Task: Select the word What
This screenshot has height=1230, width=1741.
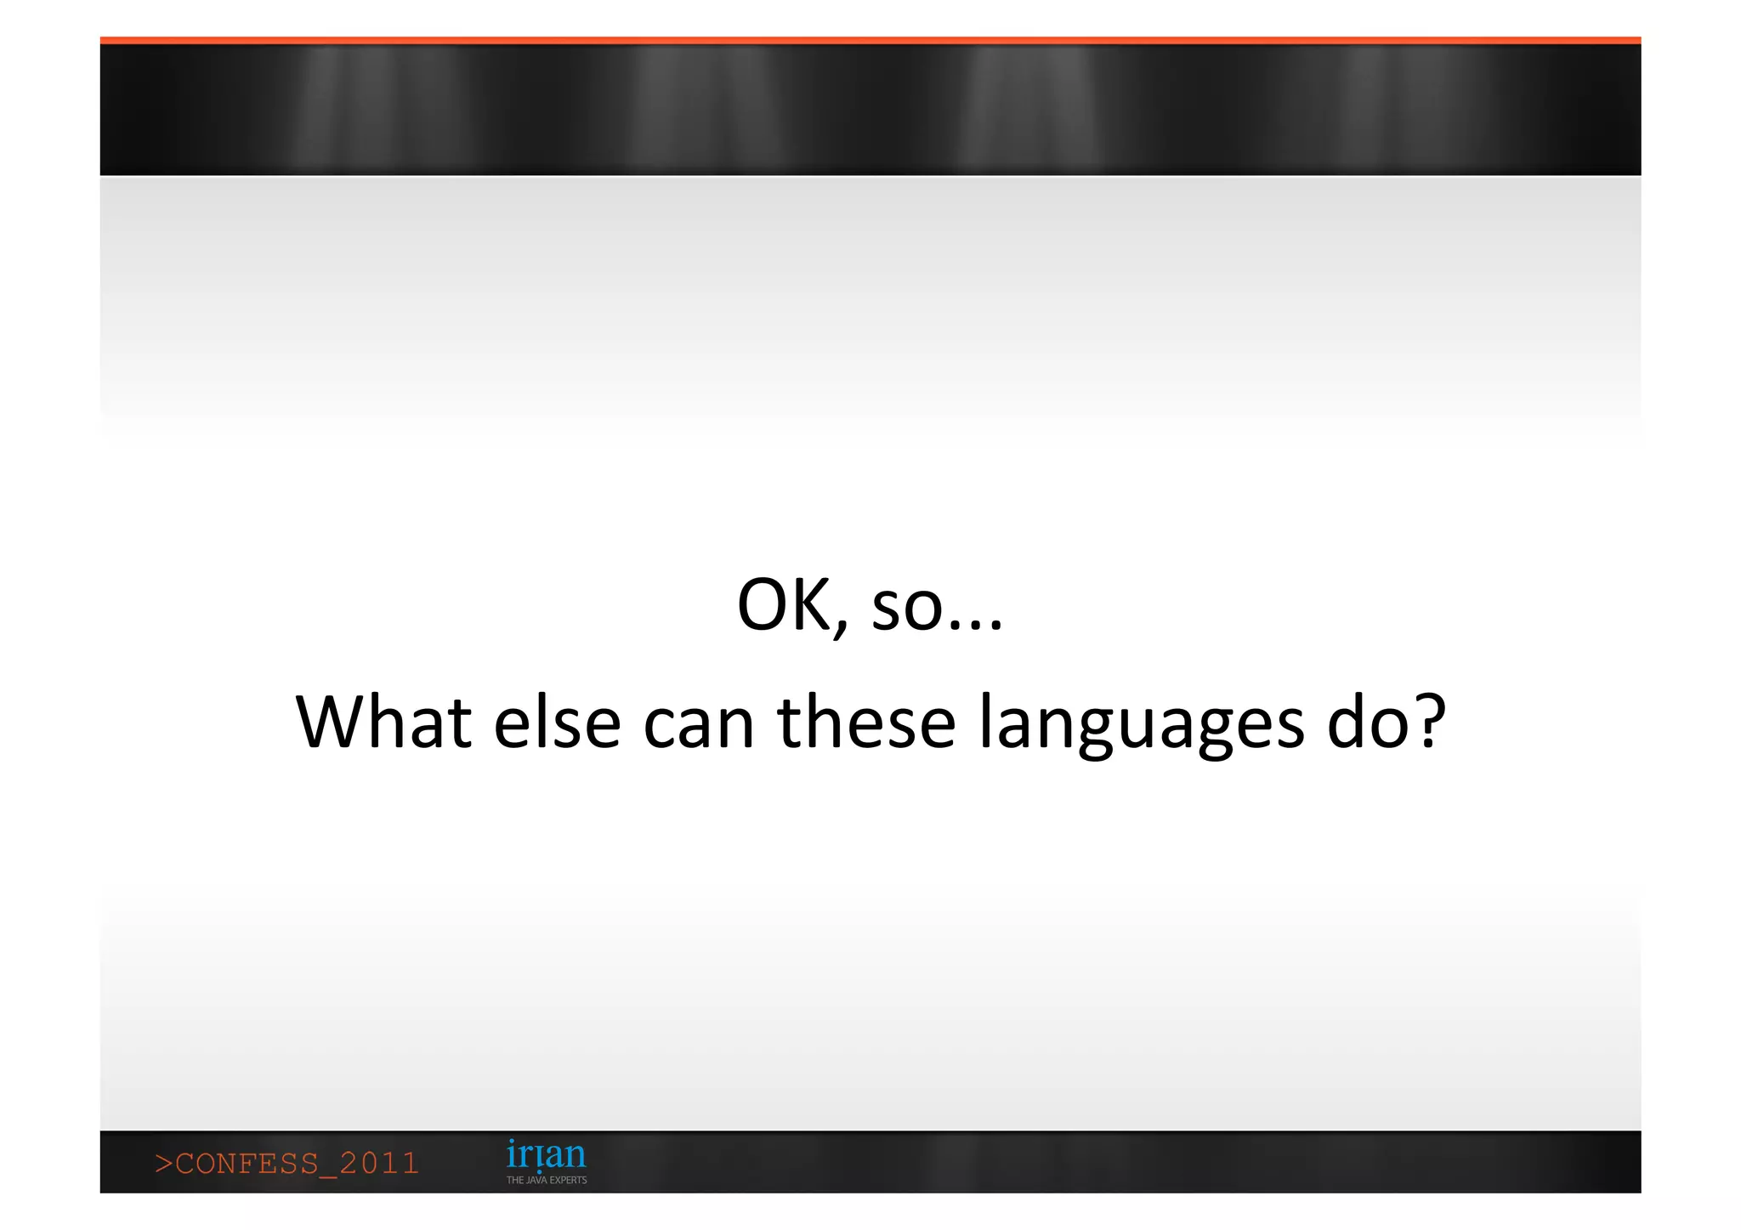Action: (383, 723)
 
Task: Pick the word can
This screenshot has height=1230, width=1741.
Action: (698, 724)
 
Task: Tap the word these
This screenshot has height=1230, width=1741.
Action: (866, 723)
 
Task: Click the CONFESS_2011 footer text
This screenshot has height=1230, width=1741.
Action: (287, 1163)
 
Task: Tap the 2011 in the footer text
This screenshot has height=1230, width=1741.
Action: (379, 1163)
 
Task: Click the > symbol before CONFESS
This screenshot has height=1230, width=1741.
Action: (163, 1164)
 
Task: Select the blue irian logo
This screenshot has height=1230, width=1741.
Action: (546, 1155)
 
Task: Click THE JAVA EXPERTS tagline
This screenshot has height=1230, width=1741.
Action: (547, 1180)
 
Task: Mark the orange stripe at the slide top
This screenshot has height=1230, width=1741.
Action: (870, 40)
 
